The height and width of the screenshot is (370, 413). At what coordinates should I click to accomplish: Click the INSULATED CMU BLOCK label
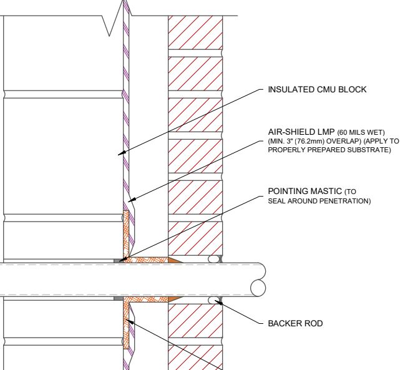[x=317, y=90]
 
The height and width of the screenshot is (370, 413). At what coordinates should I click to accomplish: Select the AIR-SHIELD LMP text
[x=301, y=132]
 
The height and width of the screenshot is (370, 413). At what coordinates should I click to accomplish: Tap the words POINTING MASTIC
[x=304, y=191]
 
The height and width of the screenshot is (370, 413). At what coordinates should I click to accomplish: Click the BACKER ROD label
[x=295, y=323]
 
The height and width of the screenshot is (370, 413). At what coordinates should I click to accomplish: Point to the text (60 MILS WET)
[x=361, y=132]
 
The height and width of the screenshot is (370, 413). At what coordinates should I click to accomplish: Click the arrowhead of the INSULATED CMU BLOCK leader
[x=122, y=153]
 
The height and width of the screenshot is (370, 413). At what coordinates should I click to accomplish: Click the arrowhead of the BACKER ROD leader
[x=218, y=303]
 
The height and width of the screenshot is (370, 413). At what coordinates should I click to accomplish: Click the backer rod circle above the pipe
[x=214, y=259]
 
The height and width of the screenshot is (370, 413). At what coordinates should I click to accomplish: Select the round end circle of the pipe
[x=258, y=288]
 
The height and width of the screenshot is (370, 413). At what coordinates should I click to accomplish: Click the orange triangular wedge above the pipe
[x=174, y=260]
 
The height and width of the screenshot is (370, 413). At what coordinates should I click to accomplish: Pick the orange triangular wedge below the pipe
[x=174, y=299]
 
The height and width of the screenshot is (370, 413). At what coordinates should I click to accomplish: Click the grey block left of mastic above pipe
[x=119, y=261]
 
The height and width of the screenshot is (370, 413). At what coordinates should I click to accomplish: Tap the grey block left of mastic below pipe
[x=119, y=298]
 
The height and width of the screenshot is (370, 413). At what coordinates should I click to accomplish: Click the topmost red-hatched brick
[x=195, y=32]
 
